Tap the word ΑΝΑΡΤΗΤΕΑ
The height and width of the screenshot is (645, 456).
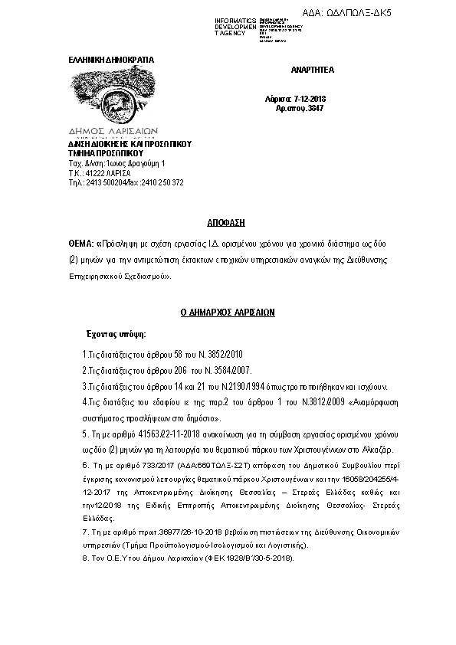(313, 70)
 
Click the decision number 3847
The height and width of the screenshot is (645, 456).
(314, 109)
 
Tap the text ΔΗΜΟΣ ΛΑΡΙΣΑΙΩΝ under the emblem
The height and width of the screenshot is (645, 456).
(109, 131)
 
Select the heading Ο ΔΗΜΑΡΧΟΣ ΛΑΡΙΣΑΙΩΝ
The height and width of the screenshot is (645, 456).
(227, 313)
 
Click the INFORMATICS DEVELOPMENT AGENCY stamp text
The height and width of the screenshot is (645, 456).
(235, 27)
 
